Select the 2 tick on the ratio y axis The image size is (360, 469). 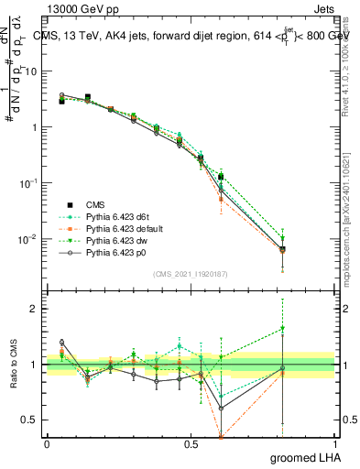38,309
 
